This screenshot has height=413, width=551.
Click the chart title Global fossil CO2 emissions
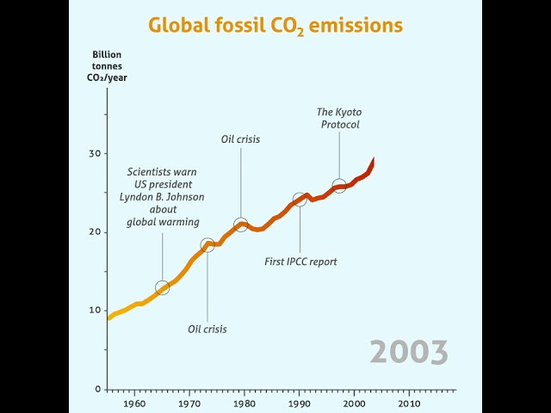[x=275, y=24]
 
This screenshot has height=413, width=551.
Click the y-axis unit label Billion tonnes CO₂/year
[x=108, y=65]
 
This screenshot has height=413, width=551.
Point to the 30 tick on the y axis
[x=95, y=153]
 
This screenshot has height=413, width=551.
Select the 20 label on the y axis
[x=95, y=232]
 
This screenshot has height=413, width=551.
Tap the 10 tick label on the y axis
[x=95, y=311]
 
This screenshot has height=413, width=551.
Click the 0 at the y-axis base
[x=98, y=389]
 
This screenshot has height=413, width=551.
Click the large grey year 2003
[x=409, y=352]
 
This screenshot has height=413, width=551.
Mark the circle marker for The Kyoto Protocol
[x=339, y=185]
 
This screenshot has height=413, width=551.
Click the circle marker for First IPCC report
[x=300, y=200]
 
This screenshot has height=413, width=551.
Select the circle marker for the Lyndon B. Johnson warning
[x=162, y=287]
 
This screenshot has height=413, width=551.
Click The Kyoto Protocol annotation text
[x=338, y=118]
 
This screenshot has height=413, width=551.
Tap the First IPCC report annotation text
[x=300, y=261]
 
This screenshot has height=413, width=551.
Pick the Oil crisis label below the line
[x=207, y=329]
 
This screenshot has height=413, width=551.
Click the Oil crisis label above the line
[x=240, y=139]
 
